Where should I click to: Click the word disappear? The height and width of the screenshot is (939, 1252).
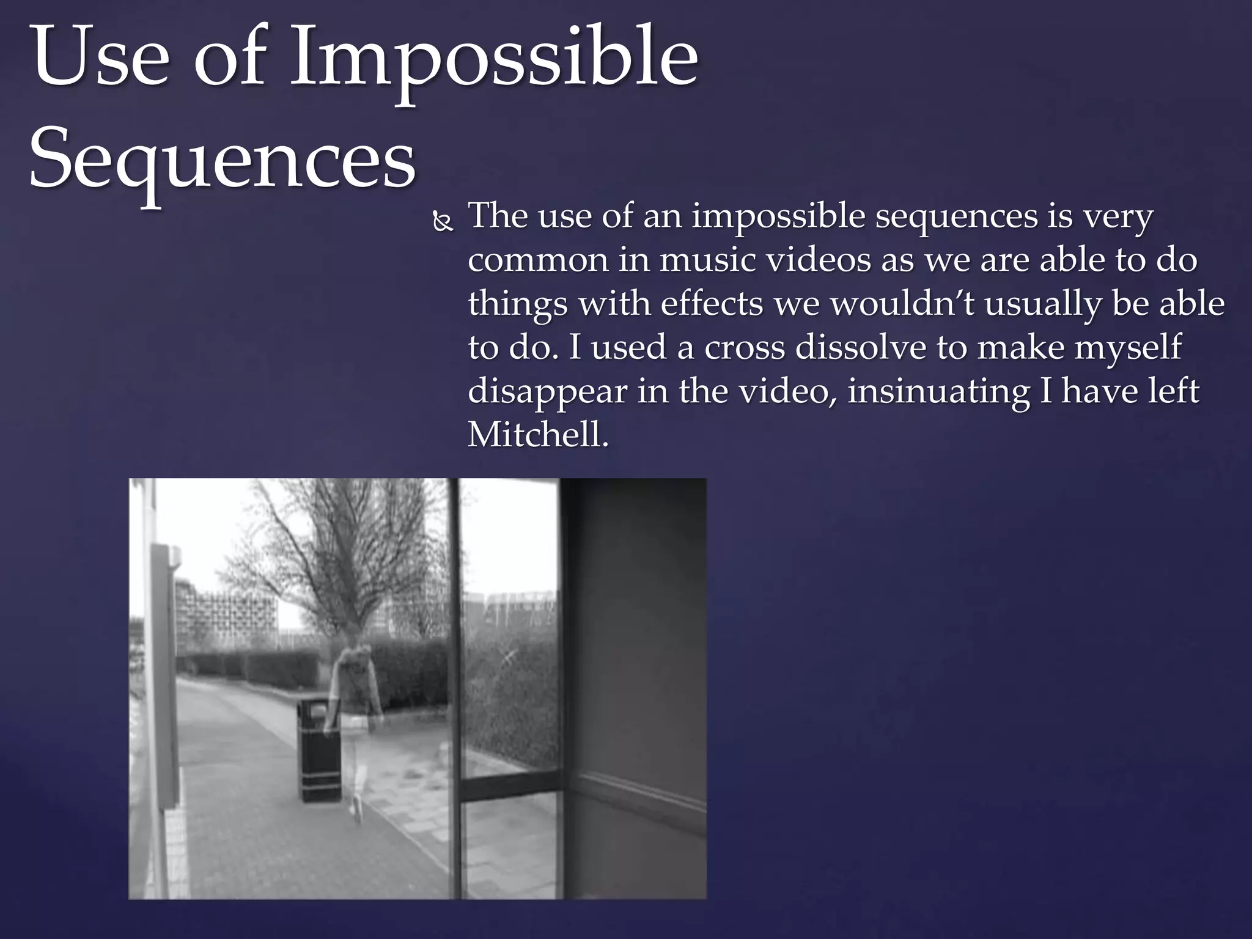pyautogui.click(x=547, y=392)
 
